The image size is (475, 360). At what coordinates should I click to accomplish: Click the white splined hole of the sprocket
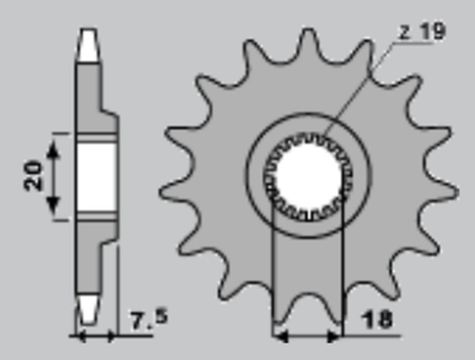(x=307, y=178)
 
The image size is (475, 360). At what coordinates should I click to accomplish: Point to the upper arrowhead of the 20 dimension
(x=56, y=141)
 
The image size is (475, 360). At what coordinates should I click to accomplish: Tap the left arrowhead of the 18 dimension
(x=278, y=330)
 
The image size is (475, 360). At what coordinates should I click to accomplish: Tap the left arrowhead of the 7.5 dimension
(x=78, y=330)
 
